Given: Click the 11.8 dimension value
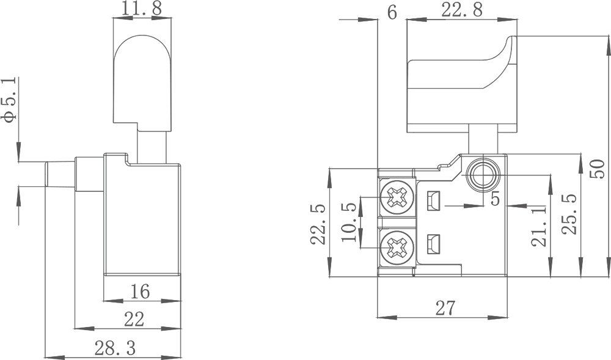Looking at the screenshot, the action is [x=142, y=8].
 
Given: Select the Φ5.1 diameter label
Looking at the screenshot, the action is [x=9, y=100].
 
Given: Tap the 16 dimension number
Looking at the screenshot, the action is [x=140, y=292].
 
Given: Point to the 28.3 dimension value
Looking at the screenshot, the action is [x=115, y=348].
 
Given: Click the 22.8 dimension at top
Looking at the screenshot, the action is [x=462, y=10].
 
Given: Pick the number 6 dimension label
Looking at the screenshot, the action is [x=392, y=12].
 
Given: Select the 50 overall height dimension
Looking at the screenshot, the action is [x=598, y=169].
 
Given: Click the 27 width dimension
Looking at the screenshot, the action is [x=445, y=308].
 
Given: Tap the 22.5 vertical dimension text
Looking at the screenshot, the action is [x=318, y=224].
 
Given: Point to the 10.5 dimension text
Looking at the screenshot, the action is [x=349, y=222].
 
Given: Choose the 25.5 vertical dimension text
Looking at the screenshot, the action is [x=569, y=215].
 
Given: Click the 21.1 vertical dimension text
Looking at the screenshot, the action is [x=539, y=226].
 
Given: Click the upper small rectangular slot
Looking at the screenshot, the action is [x=434, y=200].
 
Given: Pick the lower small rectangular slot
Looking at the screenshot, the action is [x=434, y=244].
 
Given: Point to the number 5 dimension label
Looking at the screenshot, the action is [x=495, y=199].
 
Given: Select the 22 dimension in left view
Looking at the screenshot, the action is [x=134, y=320].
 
